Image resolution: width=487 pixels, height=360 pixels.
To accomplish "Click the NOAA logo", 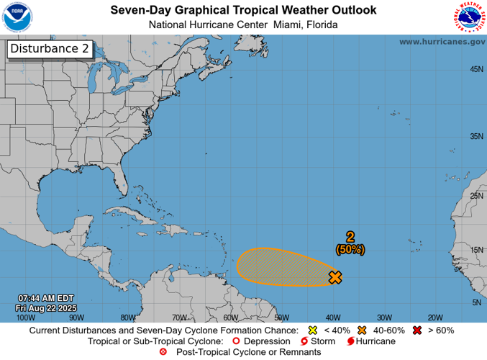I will click(17, 17).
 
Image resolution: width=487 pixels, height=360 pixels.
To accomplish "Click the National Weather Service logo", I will click(469, 17).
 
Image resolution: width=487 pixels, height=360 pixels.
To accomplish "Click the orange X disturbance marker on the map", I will click(334, 276).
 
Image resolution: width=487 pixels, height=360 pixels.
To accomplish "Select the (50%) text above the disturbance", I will click(350, 249).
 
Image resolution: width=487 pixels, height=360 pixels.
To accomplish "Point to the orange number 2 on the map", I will click(350, 237).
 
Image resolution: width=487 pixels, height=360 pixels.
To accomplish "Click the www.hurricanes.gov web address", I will click(442, 42).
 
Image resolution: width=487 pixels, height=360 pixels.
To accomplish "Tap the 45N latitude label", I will click(475, 69).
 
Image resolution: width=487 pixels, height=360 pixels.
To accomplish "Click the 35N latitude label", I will click(475, 136).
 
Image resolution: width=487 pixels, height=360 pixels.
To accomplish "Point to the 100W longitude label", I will click(25, 317).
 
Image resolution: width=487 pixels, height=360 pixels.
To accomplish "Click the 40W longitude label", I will click(332, 317).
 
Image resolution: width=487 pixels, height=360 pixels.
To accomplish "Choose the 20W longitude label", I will click(434, 317).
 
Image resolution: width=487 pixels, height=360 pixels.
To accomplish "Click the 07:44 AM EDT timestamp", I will click(46, 298).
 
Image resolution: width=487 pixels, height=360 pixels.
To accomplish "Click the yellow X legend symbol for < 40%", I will click(313, 330).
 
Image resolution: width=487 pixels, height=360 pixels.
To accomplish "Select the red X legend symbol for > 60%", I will click(416, 330).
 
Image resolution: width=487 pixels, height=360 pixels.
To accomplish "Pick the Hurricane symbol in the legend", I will click(351, 341).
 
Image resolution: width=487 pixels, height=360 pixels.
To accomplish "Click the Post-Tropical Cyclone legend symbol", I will click(163, 351).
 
